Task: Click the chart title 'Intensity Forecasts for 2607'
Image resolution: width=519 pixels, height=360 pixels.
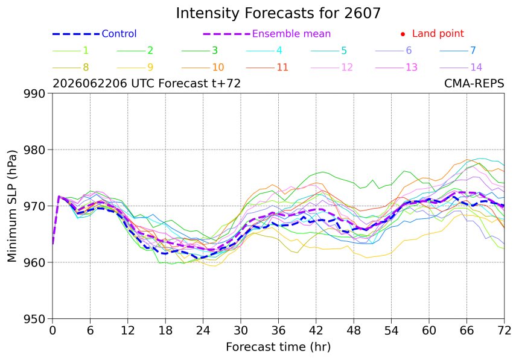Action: [278, 13]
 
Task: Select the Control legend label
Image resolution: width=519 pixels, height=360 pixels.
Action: [119, 34]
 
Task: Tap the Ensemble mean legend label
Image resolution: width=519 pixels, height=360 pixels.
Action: [291, 34]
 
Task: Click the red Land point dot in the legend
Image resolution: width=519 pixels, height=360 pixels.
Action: [403, 34]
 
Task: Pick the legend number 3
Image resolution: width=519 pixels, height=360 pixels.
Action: [215, 51]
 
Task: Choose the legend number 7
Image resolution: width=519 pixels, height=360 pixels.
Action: [473, 50]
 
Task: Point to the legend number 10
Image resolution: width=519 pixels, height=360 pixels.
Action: [218, 68]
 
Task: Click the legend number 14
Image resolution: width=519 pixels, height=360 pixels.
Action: [476, 68]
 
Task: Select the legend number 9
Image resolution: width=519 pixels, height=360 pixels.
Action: [150, 68]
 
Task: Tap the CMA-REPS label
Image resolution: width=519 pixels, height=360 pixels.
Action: [474, 84]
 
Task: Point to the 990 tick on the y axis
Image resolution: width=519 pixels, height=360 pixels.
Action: [34, 94]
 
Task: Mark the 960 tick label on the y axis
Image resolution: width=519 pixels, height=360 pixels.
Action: [34, 263]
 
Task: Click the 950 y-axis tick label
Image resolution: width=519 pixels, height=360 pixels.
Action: [34, 320]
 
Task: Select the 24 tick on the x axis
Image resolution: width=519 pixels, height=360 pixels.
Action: [203, 330]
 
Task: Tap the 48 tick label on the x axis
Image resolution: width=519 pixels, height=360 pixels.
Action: [354, 330]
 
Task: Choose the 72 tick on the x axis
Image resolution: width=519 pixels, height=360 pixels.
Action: [505, 330]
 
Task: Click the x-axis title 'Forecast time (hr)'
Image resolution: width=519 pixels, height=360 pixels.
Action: [278, 347]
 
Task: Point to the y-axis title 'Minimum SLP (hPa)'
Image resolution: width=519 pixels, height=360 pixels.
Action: [12, 206]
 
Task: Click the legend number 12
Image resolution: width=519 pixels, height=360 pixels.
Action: [347, 68]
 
